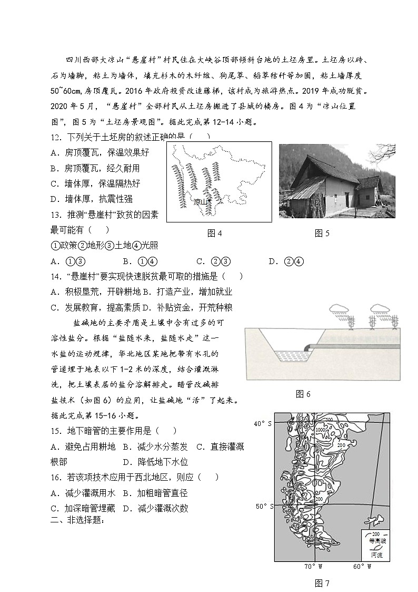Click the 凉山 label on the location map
200,202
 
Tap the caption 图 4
215,234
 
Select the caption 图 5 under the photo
322,234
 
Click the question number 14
56,276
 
